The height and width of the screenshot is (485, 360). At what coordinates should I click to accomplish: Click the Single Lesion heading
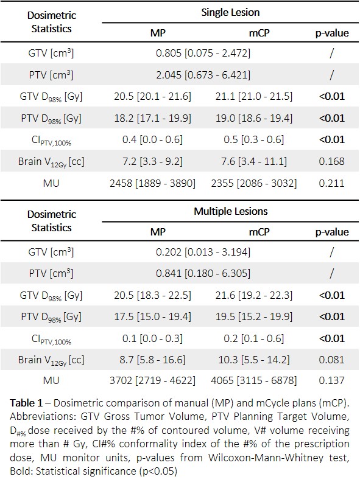coord(230,12)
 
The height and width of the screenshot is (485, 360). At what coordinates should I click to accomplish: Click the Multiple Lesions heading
coord(231,211)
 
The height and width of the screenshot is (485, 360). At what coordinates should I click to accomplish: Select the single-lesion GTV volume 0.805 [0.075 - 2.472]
coord(203,53)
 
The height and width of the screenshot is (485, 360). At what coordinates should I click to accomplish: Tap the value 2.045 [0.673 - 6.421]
coord(203,75)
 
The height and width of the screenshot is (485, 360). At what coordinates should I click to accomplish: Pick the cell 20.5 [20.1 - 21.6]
coord(153,97)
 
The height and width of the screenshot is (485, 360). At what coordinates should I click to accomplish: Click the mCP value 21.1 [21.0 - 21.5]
coord(254,97)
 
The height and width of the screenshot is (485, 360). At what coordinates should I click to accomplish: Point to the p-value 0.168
coord(331,161)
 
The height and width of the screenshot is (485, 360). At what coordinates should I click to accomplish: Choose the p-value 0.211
coord(331,183)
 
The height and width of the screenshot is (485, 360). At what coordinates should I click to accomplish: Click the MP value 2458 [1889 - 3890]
coord(153,183)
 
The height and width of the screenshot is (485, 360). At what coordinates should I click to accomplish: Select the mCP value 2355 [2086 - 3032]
coord(254,183)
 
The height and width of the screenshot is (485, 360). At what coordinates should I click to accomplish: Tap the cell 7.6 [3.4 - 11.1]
coord(254,161)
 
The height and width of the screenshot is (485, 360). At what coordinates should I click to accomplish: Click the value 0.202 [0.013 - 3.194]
coord(203,252)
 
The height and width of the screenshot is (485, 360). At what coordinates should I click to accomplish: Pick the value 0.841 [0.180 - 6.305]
coord(203,273)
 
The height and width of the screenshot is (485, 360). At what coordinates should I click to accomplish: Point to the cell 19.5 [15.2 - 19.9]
coord(254,316)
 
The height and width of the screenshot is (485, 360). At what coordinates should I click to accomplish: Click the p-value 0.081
coord(331,360)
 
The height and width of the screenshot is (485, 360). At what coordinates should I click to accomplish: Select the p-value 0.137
coord(331,380)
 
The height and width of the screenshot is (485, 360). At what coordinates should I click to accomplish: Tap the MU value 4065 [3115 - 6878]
coord(254,380)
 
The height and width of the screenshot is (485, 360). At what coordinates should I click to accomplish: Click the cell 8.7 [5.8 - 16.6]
coord(153,360)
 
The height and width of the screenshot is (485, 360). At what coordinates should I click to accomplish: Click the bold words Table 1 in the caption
coord(26,403)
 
